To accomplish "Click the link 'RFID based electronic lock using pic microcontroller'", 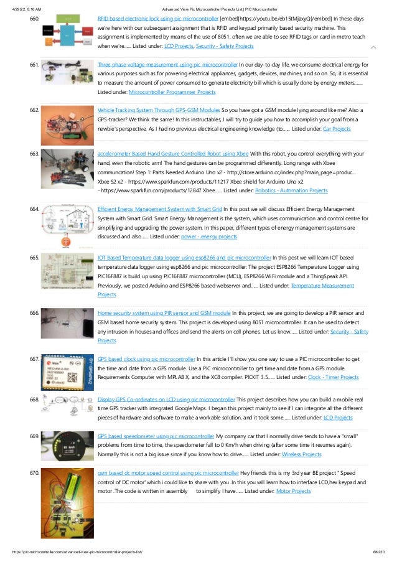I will (158, 19).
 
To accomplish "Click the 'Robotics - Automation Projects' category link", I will (292, 190).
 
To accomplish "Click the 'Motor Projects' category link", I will (293, 492).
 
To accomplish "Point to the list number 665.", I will (35, 257).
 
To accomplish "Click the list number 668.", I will (35, 399).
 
